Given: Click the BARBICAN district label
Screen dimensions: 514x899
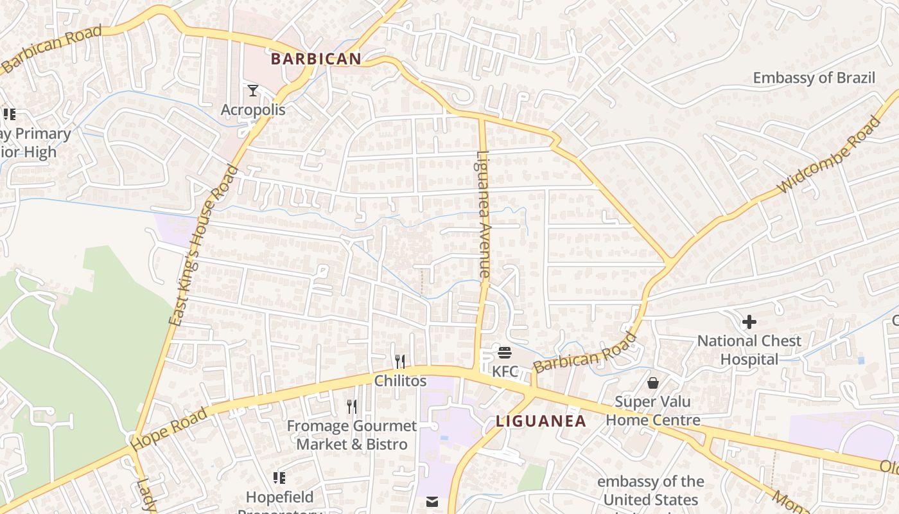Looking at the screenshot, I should (x=316, y=59).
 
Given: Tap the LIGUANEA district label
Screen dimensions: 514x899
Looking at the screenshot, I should (x=541, y=421).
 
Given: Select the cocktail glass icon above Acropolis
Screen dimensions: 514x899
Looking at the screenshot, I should (x=253, y=91).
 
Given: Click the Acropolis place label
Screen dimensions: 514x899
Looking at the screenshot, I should (x=253, y=110).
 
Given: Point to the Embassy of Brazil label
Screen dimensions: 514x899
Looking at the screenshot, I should (x=814, y=78).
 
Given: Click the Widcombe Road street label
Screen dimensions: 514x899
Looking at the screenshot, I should (x=829, y=155).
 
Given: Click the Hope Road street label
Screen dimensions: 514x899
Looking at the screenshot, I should (x=170, y=429).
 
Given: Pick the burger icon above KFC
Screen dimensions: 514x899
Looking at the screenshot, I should (x=505, y=352).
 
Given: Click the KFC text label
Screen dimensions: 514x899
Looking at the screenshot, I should (x=505, y=371).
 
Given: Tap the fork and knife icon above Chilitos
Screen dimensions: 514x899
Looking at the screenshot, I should (x=400, y=361).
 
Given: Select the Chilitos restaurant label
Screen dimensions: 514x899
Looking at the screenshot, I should (x=400, y=381).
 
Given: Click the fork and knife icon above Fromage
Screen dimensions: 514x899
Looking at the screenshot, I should (x=351, y=406).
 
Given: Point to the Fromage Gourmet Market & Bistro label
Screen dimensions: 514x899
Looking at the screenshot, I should (x=351, y=435).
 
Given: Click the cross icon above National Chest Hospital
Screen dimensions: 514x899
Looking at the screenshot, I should (x=749, y=321).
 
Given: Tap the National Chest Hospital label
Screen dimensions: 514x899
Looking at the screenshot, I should (x=749, y=350).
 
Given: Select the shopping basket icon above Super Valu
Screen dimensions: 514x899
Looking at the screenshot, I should (x=653, y=383).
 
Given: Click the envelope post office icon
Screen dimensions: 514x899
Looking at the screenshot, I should (x=432, y=502).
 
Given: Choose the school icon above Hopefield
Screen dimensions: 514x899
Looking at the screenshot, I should (x=279, y=477).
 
